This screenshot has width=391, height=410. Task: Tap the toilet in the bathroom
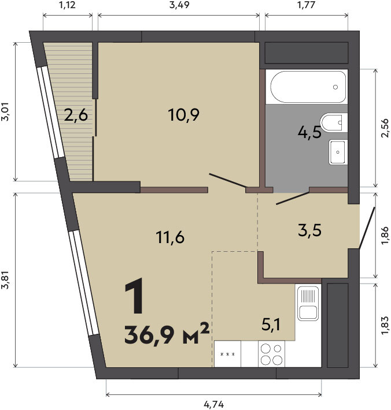(334, 122)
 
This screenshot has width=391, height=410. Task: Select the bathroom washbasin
(338, 152)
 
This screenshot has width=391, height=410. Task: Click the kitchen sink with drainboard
(308, 303)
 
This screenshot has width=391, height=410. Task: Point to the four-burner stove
(271, 354)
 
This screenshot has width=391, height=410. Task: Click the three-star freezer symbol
(227, 355)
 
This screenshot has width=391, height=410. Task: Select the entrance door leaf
(367, 228)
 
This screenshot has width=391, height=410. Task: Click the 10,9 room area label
(183, 115)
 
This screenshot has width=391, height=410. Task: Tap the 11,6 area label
(170, 237)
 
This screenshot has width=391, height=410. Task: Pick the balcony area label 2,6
(76, 115)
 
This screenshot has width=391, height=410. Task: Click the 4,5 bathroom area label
(309, 132)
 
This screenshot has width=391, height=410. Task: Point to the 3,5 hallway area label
(309, 230)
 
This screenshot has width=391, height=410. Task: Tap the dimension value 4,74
(214, 404)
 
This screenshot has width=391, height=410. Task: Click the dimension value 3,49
(179, 5)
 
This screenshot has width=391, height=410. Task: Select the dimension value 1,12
(67, 5)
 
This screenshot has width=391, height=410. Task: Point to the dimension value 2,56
(385, 128)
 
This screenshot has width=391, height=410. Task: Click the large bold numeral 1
(135, 296)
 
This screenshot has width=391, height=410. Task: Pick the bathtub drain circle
(335, 87)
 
